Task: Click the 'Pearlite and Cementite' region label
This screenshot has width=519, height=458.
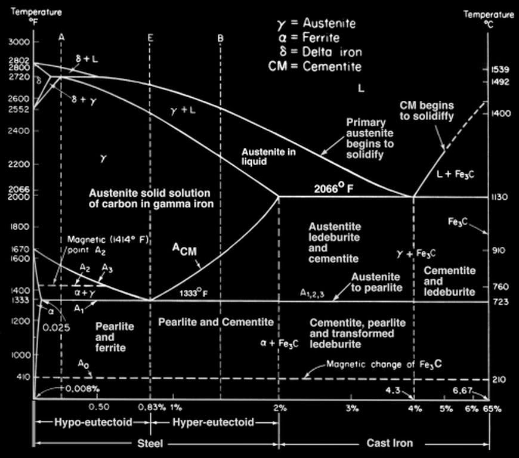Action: point(215,322)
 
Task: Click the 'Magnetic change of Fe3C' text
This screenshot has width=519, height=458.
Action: point(384,364)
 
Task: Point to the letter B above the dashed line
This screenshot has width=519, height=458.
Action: point(220,38)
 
